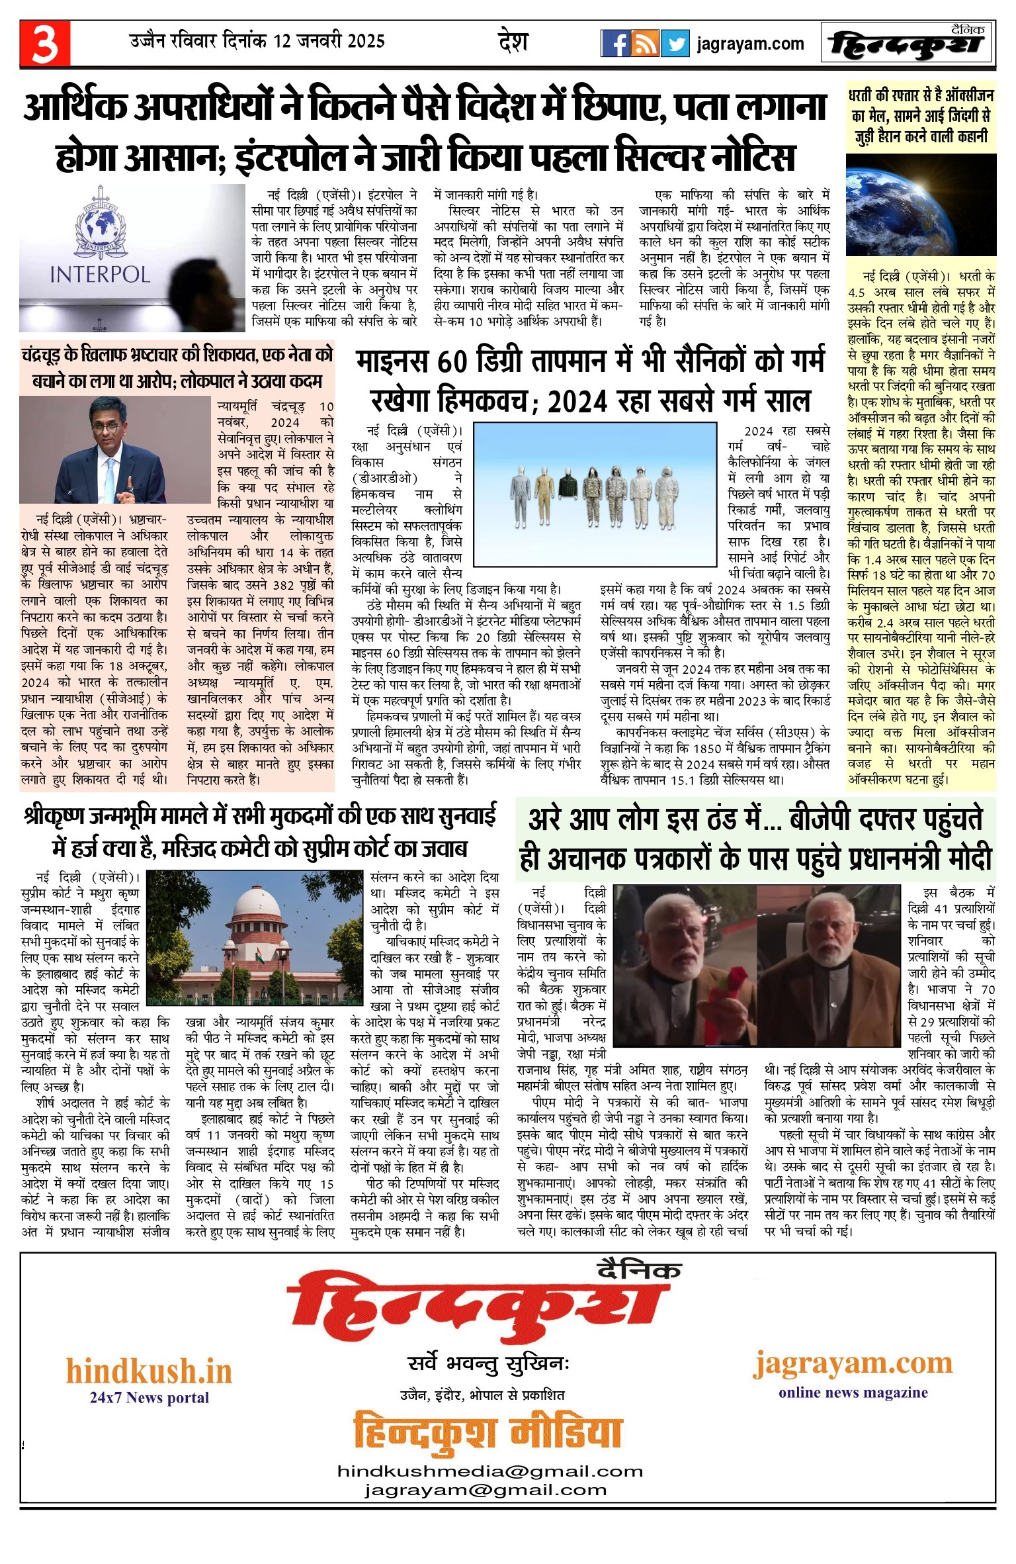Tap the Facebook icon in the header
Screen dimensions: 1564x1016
click(x=615, y=44)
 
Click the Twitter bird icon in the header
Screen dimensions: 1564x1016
click(x=675, y=44)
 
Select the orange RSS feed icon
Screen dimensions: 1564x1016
click(x=645, y=44)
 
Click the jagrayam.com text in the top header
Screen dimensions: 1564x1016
click(x=750, y=44)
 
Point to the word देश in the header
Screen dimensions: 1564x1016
click(x=513, y=42)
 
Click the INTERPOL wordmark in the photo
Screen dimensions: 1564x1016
click(x=100, y=274)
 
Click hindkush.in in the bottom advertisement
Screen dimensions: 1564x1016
click(x=149, y=1371)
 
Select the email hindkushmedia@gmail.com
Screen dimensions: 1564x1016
click(x=489, y=1471)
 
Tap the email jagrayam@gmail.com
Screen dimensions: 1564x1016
click(x=485, y=1490)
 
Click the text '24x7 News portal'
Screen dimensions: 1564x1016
click(x=149, y=1398)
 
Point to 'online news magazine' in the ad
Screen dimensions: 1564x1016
click(x=853, y=1392)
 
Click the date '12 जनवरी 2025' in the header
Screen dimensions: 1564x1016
click(x=329, y=41)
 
